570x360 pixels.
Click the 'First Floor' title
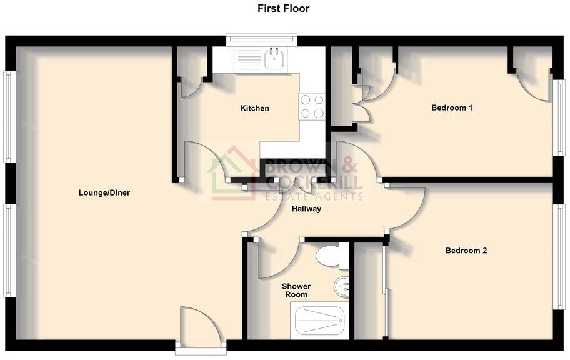click(x=283, y=9)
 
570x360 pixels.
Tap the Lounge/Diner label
click(x=104, y=192)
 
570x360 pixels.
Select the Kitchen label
click(x=255, y=108)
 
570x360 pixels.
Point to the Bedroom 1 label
click(x=452, y=107)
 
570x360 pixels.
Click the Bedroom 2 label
click(x=466, y=251)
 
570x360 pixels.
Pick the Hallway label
click(x=306, y=209)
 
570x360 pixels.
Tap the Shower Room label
click(x=296, y=291)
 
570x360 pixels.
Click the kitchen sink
click(x=274, y=60)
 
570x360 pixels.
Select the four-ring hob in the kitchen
click(x=311, y=106)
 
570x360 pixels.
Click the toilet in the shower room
click(x=329, y=255)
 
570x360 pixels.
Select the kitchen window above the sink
click(x=262, y=41)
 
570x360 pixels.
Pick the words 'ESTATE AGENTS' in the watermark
click(x=315, y=197)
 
